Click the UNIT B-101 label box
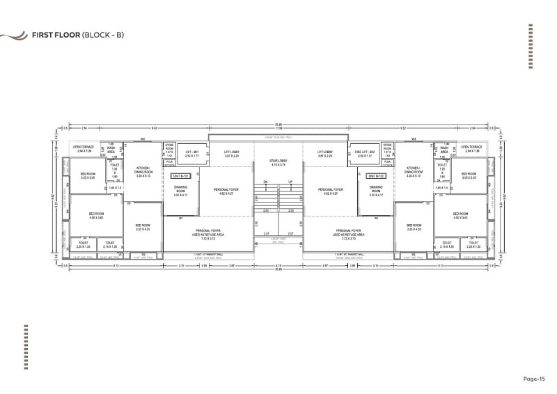(180, 177)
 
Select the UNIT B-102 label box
(376, 177)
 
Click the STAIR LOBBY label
(278, 163)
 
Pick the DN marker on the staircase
(265, 182)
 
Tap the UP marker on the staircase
(290, 182)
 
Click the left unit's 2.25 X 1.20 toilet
(84, 244)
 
